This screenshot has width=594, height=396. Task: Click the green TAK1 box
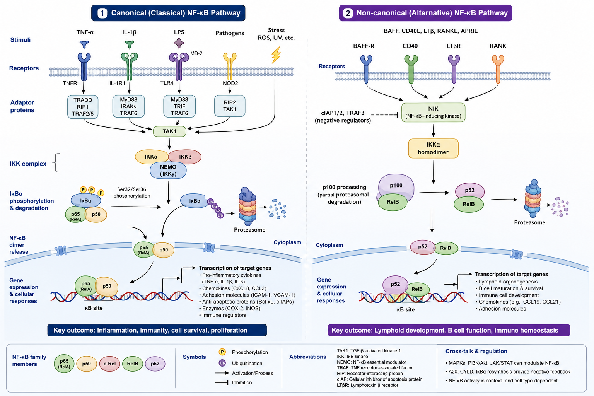(169, 131)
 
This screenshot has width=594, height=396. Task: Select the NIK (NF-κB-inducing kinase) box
(433, 113)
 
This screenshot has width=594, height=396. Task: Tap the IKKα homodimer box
(433, 148)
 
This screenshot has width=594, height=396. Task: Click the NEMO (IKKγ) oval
(168, 170)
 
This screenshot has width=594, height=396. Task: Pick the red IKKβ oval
(185, 157)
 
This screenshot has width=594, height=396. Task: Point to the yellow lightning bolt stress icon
(276, 55)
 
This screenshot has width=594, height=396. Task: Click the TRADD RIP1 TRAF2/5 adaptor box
(83, 107)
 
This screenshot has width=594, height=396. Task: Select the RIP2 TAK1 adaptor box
(230, 106)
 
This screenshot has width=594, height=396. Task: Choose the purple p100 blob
(396, 186)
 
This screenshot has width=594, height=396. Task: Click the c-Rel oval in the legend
(109, 364)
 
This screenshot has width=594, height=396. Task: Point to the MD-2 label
(196, 53)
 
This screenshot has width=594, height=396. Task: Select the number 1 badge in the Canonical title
(102, 13)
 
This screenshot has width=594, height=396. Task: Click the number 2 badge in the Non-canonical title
(348, 13)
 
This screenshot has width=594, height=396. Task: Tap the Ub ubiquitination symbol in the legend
(222, 363)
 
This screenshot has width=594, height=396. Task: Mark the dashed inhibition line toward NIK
(385, 115)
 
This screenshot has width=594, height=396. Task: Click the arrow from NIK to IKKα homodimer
(433, 130)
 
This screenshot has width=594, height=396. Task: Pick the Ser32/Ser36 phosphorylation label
(132, 193)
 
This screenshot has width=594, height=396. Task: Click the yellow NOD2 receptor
(230, 66)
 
